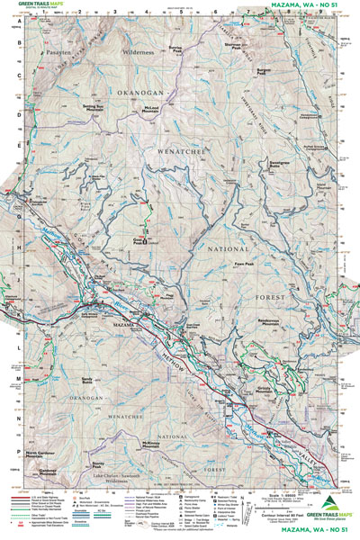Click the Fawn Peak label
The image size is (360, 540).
(241, 263)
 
